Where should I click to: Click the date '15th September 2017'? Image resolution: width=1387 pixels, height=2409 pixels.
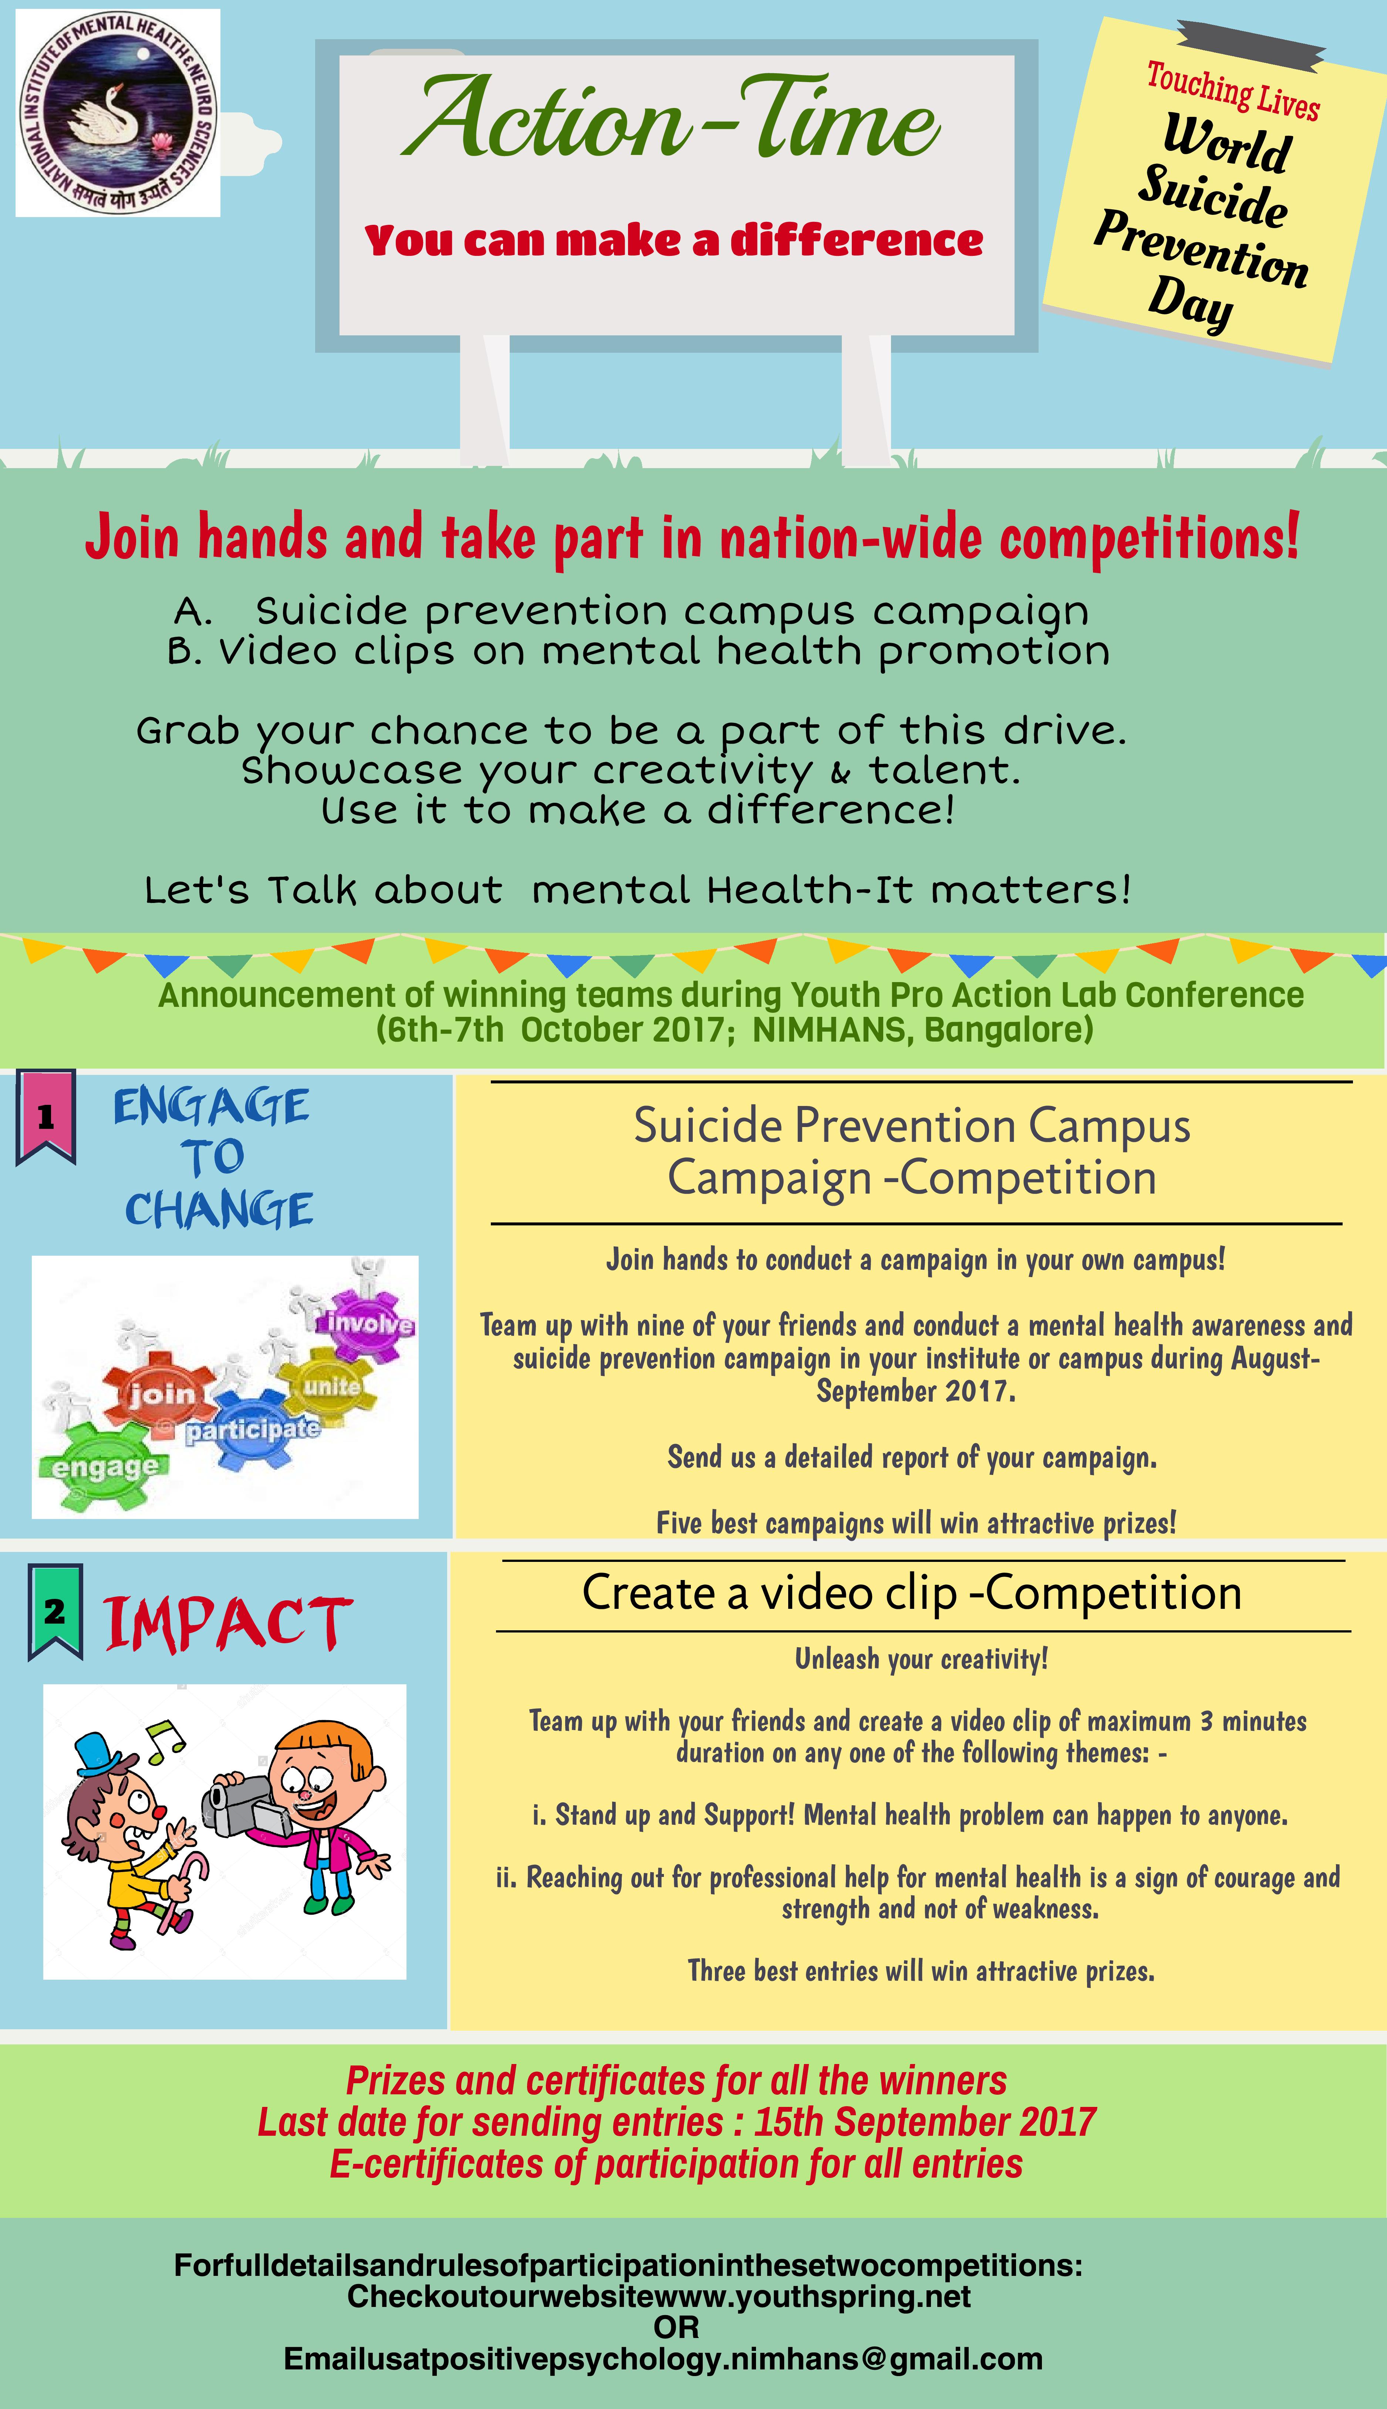click(x=924, y=2121)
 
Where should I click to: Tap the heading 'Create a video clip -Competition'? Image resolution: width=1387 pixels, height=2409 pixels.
click(x=912, y=1592)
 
